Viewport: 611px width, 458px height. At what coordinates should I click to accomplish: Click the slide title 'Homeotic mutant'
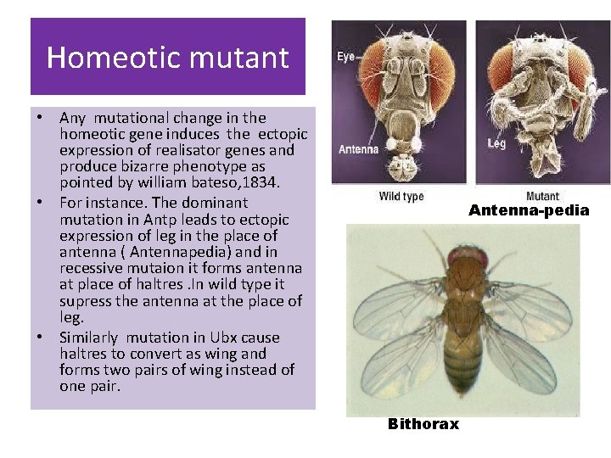[x=167, y=57]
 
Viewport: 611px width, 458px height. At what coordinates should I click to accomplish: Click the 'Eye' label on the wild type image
[x=346, y=57]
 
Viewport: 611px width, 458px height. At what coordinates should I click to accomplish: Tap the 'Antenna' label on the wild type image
[x=358, y=149]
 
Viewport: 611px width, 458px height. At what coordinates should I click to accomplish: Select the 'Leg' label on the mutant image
[x=497, y=143]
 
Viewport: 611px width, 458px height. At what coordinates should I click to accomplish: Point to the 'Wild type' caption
[x=401, y=197]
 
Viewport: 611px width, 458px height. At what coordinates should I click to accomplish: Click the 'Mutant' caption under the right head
[x=542, y=197]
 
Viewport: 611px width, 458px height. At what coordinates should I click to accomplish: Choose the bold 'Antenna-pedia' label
[x=529, y=210]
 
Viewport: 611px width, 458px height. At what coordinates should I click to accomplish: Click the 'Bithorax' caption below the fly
[x=423, y=424]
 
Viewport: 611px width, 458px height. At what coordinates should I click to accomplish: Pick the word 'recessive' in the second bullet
[x=91, y=270]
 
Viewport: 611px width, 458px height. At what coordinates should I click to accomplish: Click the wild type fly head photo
[x=399, y=102]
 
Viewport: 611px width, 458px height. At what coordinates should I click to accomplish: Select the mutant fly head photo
[x=542, y=102]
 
